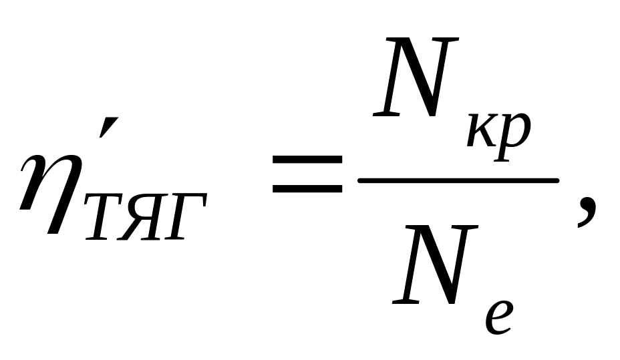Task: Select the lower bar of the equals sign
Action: tap(307, 189)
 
